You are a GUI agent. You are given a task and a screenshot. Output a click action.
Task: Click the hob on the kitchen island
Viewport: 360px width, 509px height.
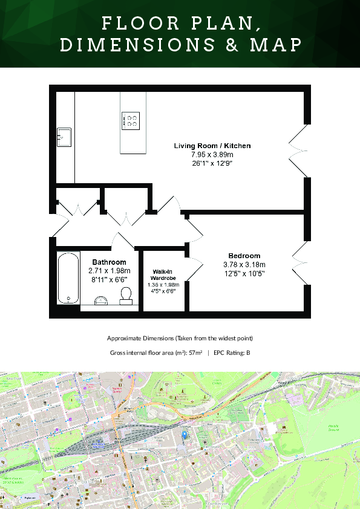pos(130,120)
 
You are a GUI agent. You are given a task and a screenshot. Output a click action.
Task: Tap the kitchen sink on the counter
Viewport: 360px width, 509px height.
pos(64,137)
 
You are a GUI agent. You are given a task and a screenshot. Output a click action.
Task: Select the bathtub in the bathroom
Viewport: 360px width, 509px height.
pos(68,278)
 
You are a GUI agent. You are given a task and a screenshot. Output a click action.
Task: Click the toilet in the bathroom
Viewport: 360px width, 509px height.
pos(126,294)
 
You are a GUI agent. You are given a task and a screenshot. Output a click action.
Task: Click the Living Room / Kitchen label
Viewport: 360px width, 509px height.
pos(212,146)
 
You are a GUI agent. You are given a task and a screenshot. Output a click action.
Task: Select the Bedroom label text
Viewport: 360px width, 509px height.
pos(244,256)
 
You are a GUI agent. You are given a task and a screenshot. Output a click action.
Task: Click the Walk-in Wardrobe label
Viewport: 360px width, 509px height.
pos(163,275)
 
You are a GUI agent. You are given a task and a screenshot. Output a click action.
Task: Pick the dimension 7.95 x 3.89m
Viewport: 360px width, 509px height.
pos(212,155)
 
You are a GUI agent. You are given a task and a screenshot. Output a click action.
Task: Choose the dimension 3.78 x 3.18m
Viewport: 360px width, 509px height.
pos(244,264)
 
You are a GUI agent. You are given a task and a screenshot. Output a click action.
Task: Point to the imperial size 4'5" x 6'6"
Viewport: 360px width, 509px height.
pos(163,290)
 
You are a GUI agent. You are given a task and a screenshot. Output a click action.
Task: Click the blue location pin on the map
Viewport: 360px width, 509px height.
pos(185,434)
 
